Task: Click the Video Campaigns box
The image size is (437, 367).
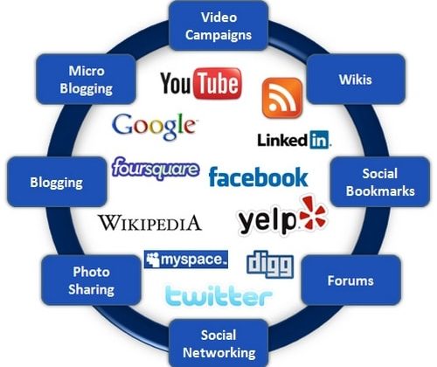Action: [x=218, y=25]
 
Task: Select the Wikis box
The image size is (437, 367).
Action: [x=356, y=79]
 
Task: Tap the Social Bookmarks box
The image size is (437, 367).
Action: [x=380, y=182]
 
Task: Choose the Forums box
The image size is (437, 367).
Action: [x=350, y=280]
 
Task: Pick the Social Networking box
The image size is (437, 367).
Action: [x=218, y=343]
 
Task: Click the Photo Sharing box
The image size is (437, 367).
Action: [x=91, y=280]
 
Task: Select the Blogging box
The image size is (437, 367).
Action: [x=57, y=182]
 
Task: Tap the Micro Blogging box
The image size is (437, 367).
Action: [x=86, y=79]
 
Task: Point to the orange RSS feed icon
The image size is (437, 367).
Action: [x=282, y=98]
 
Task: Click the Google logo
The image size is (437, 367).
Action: [x=154, y=127]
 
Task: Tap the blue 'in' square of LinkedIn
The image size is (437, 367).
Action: [x=319, y=140]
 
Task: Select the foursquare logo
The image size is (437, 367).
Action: [x=156, y=169]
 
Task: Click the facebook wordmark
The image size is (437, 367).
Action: [x=259, y=177]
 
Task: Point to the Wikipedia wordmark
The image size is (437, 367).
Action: [x=149, y=223]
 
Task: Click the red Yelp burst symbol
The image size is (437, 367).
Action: [x=313, y=213]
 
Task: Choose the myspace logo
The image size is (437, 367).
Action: [x=186, y=260]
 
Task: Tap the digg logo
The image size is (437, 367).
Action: [x=270, y=264]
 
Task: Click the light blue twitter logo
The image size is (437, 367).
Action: [x=218, y=295]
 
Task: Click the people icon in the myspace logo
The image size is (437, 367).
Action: [x=153, y=260]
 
